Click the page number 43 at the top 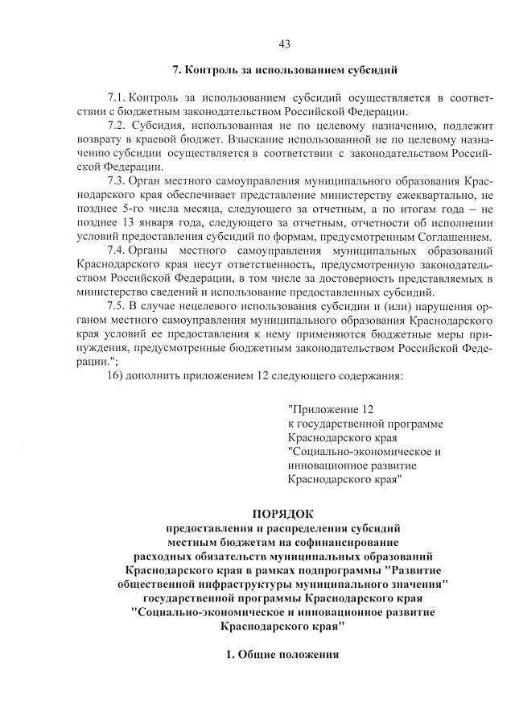(x=284, y=43)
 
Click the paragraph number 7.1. (x=117, y=98)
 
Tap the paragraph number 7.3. (x=117, y=181)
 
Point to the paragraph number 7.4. (x=117, y=250)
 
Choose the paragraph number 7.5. (x=117, y=305)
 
